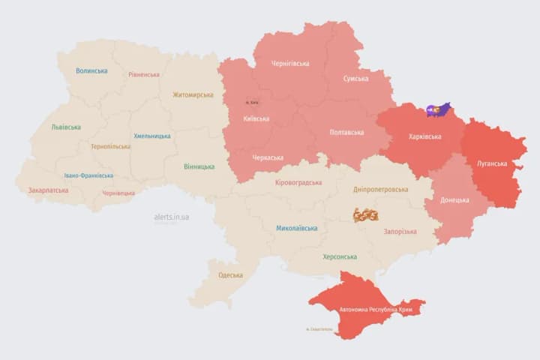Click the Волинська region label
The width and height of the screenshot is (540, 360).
click(x=91, y=71)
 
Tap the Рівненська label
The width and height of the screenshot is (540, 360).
click(x=143, y=75)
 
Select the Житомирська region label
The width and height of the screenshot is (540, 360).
click(x=193, y=95)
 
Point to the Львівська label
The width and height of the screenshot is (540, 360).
click(x=66, y=127)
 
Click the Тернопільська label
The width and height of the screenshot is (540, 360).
click(x=110, y=146)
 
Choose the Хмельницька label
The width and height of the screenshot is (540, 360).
click(x=152, y=136)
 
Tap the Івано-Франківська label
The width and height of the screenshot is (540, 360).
click(x=89, y=175)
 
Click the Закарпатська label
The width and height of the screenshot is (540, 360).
click(x=48, y=190)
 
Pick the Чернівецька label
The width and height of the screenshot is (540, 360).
click(x=118, y=193)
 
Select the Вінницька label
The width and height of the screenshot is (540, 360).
click(x=199, y=166)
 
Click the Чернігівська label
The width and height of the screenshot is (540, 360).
click(x=289, y=64)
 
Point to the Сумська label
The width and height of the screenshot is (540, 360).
click(x=355, y=79)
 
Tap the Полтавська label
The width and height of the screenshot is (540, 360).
click(x=346, y=133)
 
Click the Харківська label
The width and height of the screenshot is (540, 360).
click(x=425, y=137)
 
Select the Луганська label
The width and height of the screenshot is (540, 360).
click(x=492, y=163)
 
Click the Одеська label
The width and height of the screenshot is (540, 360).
click(x=230, y=275)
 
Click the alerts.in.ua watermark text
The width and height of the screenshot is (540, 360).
click(x=172, y=217)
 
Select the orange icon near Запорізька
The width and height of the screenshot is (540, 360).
click(x=366, y=215)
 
